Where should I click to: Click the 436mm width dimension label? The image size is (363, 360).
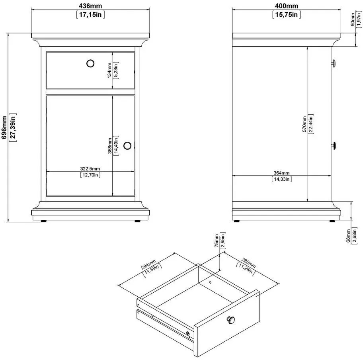90,6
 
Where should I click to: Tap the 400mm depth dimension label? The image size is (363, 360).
287,6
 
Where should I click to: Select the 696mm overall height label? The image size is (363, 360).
4,127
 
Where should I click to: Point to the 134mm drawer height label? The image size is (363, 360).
109,70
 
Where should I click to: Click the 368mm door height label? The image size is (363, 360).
110,146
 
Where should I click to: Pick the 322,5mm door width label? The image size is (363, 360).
90,168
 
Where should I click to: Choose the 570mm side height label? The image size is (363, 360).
304,124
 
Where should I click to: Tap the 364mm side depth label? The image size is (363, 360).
281,173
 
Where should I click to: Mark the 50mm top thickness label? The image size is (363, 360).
353,20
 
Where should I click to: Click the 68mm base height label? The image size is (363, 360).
348,236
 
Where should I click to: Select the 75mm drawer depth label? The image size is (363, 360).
217,241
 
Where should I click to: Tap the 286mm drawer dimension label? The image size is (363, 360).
248,263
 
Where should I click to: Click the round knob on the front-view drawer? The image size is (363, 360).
90,63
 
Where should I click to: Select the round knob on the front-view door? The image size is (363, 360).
127,146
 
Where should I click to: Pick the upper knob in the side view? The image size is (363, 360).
333,63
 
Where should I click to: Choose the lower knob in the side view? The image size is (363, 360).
333,146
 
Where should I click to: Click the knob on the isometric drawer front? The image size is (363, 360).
230,320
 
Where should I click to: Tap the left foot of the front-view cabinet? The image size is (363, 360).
43,221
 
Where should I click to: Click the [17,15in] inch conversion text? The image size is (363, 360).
90,15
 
